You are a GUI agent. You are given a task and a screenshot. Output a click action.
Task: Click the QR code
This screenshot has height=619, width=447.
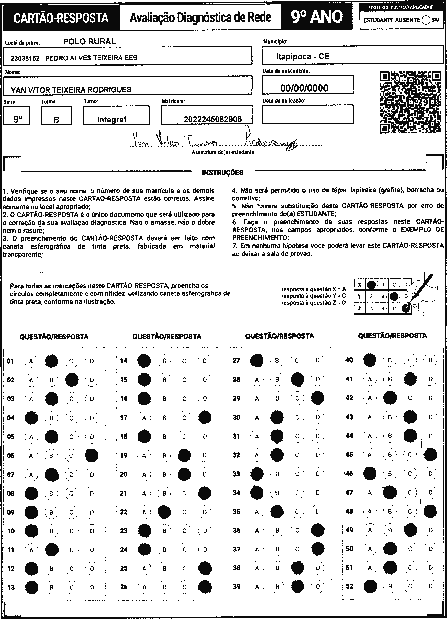(410, 102)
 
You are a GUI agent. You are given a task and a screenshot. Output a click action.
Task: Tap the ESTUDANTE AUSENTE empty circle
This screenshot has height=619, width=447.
(426, 20)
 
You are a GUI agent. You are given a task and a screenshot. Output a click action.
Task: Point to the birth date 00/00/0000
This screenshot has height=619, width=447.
(304, 88)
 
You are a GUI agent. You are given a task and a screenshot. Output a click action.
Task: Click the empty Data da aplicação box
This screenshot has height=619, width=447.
(307, 114)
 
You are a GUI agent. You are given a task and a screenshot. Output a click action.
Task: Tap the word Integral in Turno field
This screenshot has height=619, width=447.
(111, 120)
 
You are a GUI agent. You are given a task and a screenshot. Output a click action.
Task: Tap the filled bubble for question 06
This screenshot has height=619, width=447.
(92, 455)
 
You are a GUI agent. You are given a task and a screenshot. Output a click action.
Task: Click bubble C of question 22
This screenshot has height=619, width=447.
(184, 512)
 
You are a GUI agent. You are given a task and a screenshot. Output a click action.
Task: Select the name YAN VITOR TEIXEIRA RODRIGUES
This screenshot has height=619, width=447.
(71, 90)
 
